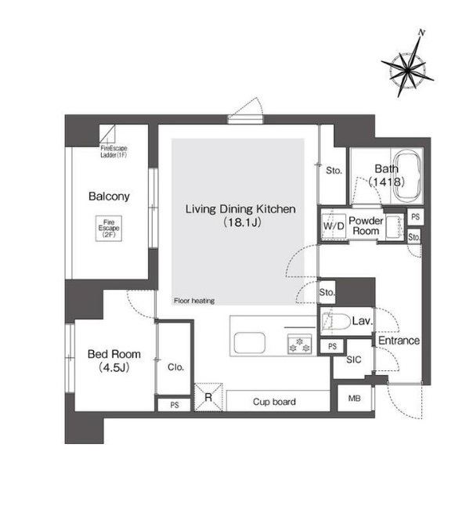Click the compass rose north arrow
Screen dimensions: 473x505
(x=408, y=63)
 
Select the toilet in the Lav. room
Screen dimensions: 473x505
(x=336, y=321)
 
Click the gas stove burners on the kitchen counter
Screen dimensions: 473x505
(x=300, y=344)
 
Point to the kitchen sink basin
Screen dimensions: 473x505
(x=250, y=342)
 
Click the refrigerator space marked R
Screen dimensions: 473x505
(x=208, y=397)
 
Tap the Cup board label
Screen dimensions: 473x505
(x=274, y=402)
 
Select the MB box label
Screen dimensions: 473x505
(x=355, y=399)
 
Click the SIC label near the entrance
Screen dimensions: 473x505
(x=354, y=359)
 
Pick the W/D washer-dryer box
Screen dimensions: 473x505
(x=334, y=225)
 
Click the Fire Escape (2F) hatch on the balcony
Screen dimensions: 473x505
(x=109, y=229)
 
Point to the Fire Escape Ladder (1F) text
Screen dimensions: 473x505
(x=114, y=152)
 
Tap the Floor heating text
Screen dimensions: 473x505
(x=194, y=301)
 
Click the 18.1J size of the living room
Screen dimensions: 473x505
(x=242, y=222)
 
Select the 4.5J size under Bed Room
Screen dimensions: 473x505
(x=114, y=367)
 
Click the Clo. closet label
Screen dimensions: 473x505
(x=175, y=367)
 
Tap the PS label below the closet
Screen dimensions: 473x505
(x=175, y=405)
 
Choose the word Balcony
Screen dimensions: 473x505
(x=109, y=197)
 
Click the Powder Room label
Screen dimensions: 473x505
(x=366, y=225)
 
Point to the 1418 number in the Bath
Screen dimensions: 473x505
(x=387, y=182)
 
